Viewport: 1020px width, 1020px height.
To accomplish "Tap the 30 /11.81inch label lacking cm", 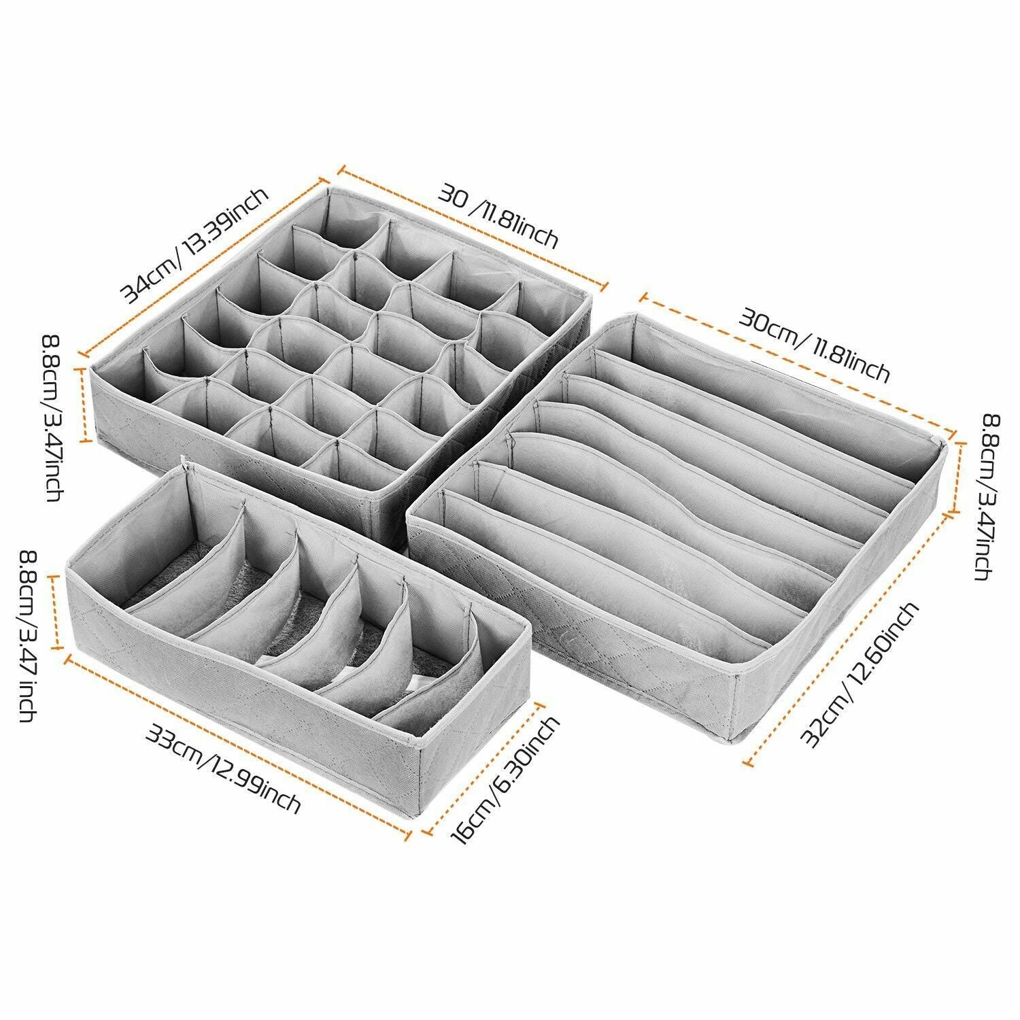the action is [498, 216].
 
